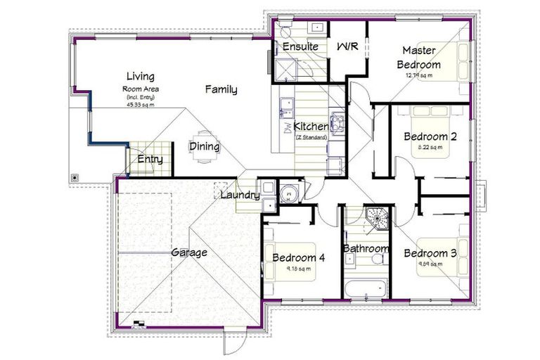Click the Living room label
pyautogui.click(x=140, y=76)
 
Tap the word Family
pyautogui.click(x=221, y=89)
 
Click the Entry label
pyautogui.click(x=150, y=160)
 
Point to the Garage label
pyautogui.click(x=189, y=252)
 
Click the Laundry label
pyautogui.click(x=240, y=195)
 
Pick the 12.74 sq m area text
pyautogui.click(x=418, y=75)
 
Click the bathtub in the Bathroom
pyautogui.click(x=364, y=288)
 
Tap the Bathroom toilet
pyautogui.click(x=378, y=260)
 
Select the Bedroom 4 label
pyautogui.click(x=298, y=257)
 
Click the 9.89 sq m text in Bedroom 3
pyautogui.click(x=430, y=264)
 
